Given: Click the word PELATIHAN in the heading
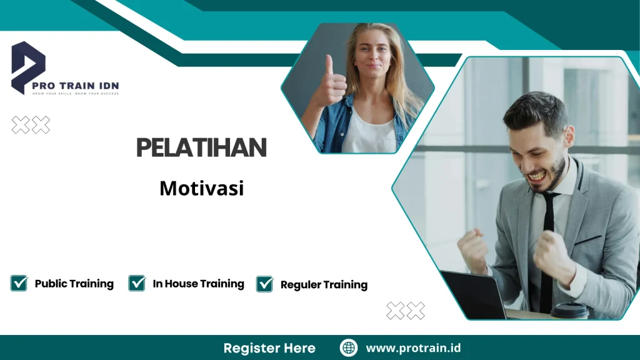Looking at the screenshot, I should pyautogui.click(x=201, y=147).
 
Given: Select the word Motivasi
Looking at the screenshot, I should pyautogui.click(x=201, y=187).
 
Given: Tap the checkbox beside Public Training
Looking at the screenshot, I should pyautogui.click(x=19, y=283).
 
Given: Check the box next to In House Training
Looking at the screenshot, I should pyautogui.click(x=137, y=283).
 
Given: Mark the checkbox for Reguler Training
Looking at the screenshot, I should pyautogui.click(x=265, y=284).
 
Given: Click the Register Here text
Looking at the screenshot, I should pyautogui.click(x=269, y=348).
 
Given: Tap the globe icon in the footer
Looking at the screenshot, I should pyautogui.click(x=349, y=348).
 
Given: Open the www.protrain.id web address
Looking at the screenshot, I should pyautogui.click(x=413, y=348).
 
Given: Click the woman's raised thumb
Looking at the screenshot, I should pyautogui.click(x=329, y=65).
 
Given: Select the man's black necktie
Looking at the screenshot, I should pyautogui.click(x=547, y=250).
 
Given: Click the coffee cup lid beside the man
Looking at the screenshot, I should pyautogui.click(x=569, y=307).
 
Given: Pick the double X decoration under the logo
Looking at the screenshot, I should pyautogui.click(x=31, y=125).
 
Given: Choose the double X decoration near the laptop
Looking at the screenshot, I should pyautogui.click(x=406, y=311).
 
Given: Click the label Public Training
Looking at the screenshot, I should pyautogui.click(x=74, y=284).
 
